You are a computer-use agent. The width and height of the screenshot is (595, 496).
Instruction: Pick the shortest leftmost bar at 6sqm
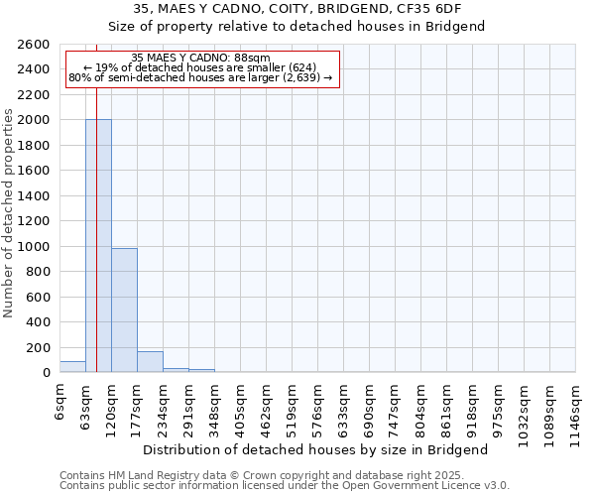(x=72, y=367)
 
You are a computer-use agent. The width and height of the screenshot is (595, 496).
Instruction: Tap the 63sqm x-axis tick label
(x=85, y=404)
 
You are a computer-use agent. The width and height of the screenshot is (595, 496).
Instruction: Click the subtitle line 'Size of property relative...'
(x=297, y=27)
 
